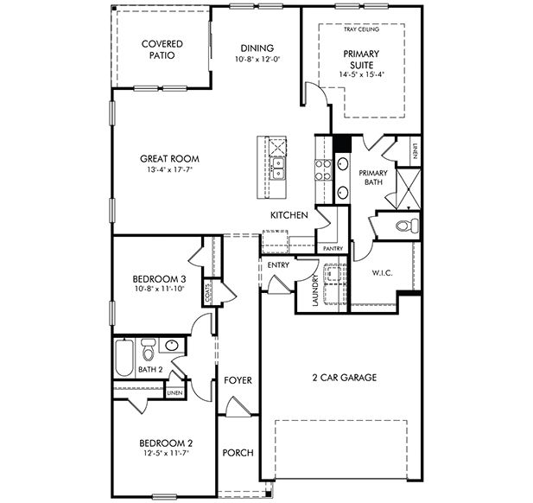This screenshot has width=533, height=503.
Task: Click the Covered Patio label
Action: tap(162, 48)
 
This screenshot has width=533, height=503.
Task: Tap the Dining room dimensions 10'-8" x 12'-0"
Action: tap(258, 60)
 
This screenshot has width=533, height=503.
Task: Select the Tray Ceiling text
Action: tap(362, 29)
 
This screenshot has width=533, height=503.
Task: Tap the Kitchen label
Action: tap(289, 215)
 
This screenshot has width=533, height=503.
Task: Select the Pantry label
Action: tap(333, 249)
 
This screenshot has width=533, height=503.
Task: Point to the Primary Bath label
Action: tap(372, 178)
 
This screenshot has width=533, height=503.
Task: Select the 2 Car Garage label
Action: tap(343, 378)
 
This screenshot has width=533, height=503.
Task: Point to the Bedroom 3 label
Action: tap(158, 278)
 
